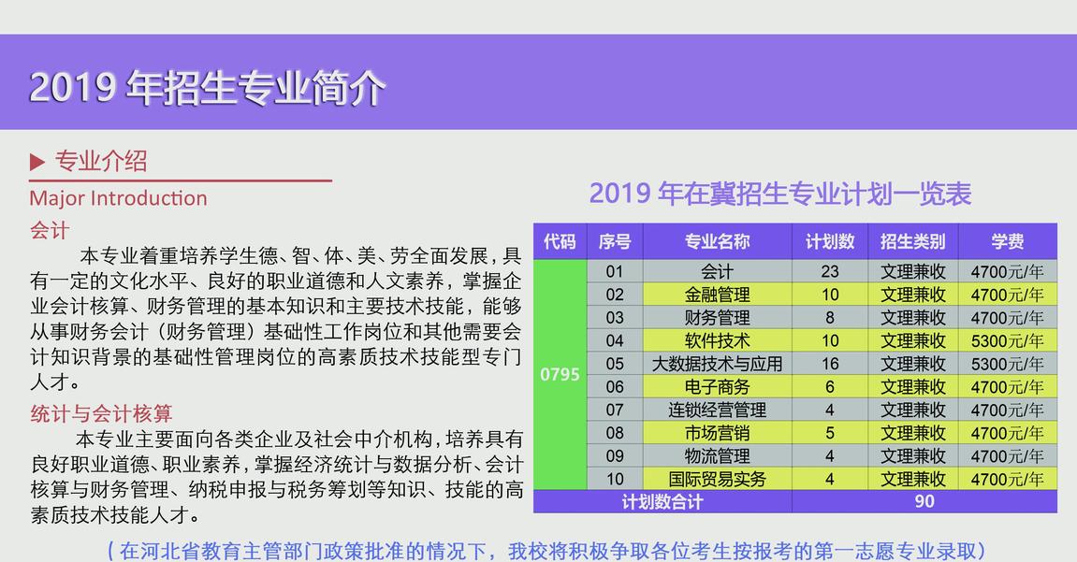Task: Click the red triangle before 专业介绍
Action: [37, 162]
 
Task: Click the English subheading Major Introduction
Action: [118, 198]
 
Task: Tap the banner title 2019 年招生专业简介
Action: [207, 88]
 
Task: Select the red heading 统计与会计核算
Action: [101, 413]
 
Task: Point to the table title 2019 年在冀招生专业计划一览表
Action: [780, 194]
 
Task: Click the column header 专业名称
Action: [717, 241]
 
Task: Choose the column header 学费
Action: [1008, 241]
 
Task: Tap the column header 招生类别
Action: [913, 241]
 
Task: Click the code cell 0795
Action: [560, 375]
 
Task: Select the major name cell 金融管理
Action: [717, 295]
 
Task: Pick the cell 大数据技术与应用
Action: [717, 364]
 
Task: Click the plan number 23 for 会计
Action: [830, 272]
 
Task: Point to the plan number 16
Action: [830, 364]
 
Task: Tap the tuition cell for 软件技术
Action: [1007, 341]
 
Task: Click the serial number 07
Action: [615, 410]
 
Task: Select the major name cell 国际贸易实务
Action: [717, 479]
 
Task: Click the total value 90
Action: [924, 501]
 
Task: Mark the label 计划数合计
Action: [662, 501]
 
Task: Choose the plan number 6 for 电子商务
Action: [830, 387]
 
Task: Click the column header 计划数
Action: [830, 241]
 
